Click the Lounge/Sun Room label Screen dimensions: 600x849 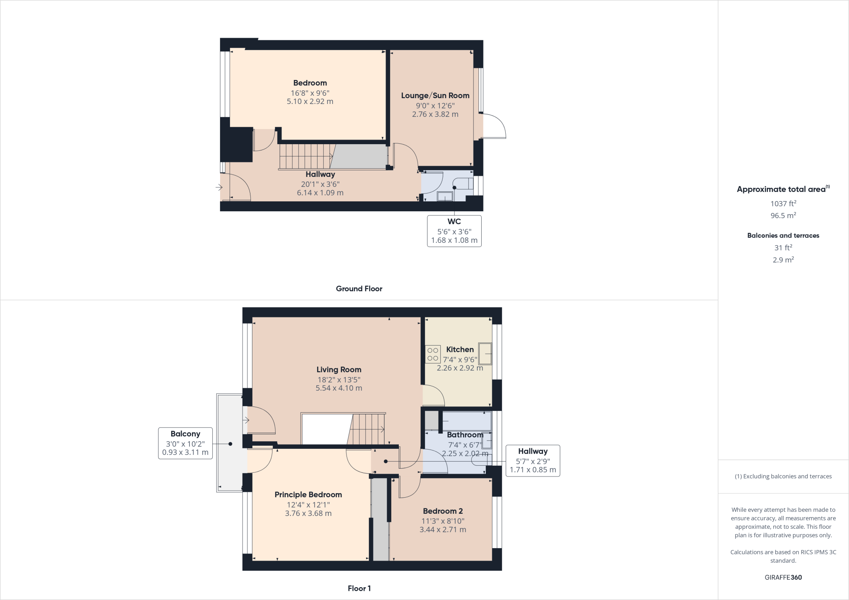tap(435, 95)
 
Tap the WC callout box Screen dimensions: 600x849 tap(454, 231)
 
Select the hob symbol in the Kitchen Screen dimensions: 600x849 tap(433, 354)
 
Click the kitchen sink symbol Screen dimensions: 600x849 tap(485, 353)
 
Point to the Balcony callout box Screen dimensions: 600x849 tap(185, 443)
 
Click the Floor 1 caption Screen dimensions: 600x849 tap(359, 588)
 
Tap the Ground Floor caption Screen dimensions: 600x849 tap(359, 289)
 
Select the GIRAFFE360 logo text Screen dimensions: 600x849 tap(783, 577)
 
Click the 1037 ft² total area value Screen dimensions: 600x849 tap(783, 203)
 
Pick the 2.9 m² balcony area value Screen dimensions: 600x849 tap(783, 260)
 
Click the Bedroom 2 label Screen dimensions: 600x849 tap(443, 511)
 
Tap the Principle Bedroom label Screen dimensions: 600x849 tap(308, 494)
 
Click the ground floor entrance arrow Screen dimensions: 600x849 tap(219, 188)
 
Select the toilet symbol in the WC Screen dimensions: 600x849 tap(463, 184)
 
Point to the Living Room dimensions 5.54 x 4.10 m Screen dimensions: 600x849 tap(339, 388)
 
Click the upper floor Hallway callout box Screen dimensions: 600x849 tap(533, 460)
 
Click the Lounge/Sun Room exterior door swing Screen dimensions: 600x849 tap(494, 126)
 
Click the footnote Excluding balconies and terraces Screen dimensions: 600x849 tap(783, 476)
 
